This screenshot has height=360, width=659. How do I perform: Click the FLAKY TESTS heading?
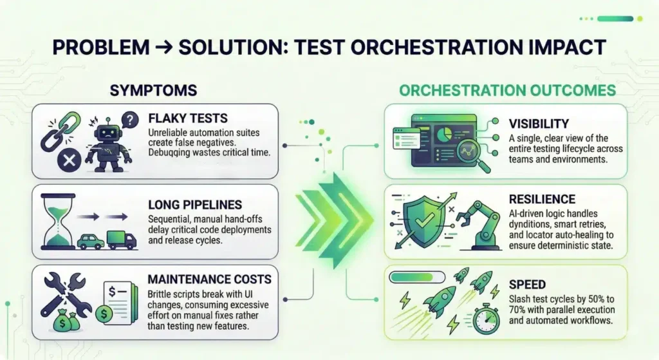(188, 118)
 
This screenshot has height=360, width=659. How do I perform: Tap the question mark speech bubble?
(130, 120)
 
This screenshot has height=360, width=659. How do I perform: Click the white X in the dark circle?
(70, 160)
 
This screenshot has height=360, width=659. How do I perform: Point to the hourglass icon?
(58, 222)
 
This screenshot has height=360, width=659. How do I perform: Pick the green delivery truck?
(122, 240)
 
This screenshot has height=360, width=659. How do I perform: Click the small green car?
(91, 242)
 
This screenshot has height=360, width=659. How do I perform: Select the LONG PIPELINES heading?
(195, 205)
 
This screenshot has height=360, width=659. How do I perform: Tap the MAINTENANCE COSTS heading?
(210, 279)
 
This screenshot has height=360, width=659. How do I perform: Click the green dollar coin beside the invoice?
(104, 314)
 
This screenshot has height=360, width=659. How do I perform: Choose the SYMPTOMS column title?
(153, 90)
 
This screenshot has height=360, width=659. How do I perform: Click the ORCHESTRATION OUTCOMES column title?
(507, 90)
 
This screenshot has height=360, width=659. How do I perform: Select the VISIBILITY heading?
(539, 124)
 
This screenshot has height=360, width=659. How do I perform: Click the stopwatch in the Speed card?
(487, 319)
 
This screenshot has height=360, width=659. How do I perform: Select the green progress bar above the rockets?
(417, 277)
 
